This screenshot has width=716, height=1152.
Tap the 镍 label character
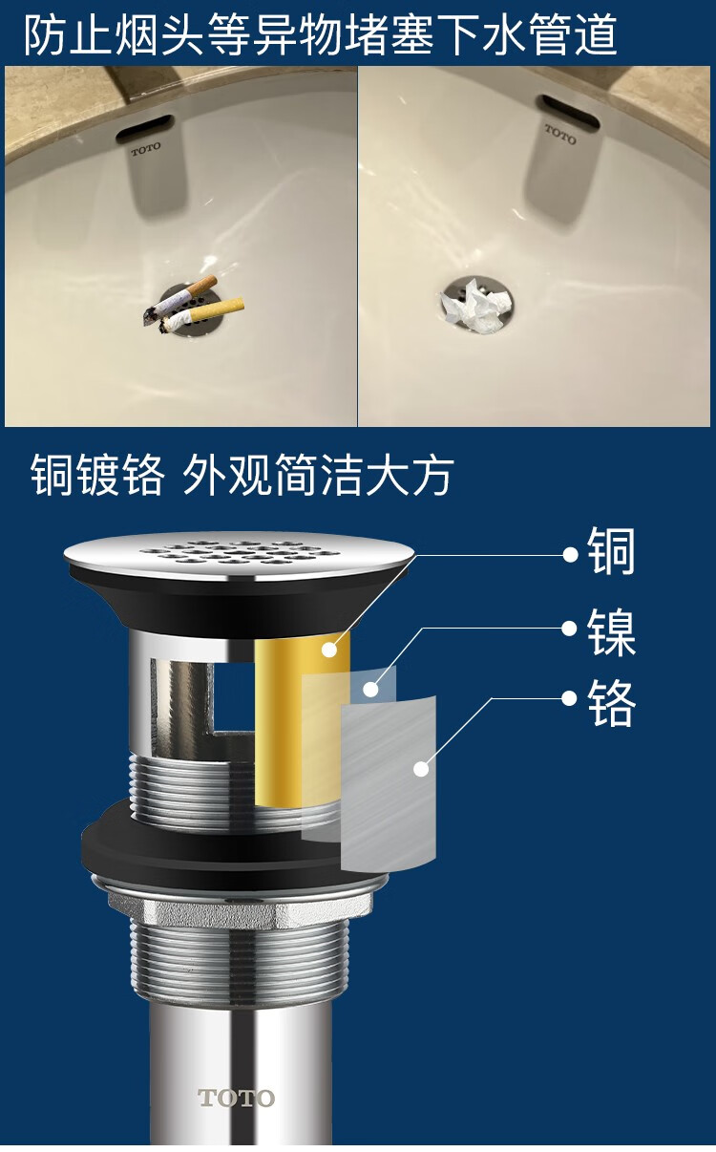(x=612, y=629)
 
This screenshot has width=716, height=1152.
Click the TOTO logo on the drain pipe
(x=236, y=1099)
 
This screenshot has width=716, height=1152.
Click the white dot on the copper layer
(x=329, y=650)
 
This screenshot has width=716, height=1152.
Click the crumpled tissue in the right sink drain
(x=474, y=306)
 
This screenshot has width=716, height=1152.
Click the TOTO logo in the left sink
(x=146, y=150)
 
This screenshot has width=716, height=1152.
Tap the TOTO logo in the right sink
(x=560, y=133)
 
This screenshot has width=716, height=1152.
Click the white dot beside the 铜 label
(x=570, y=554)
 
